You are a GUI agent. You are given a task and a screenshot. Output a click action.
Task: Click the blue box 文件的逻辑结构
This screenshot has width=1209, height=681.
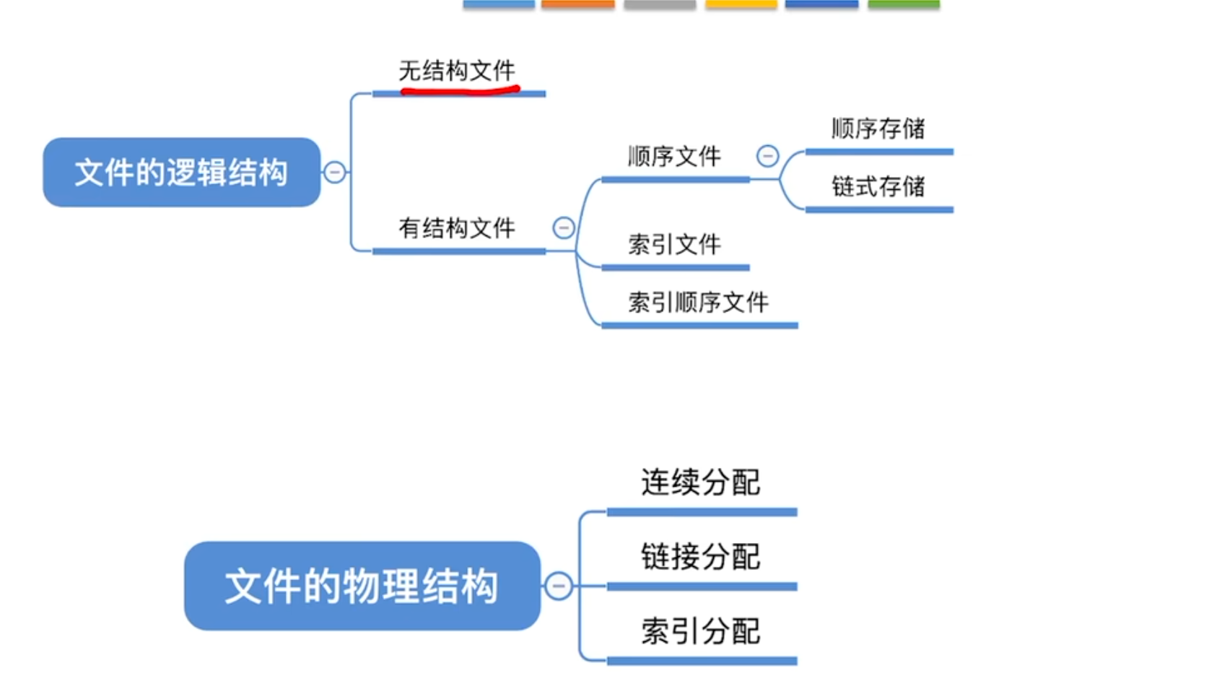[x=181, y=172]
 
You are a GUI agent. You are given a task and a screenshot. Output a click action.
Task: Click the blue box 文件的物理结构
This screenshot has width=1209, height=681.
[x=362, y=586]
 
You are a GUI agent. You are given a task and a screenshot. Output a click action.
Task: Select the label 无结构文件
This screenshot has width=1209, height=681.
[x=457, y=71]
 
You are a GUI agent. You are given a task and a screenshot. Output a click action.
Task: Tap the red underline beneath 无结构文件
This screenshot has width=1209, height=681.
[x=460, y=91]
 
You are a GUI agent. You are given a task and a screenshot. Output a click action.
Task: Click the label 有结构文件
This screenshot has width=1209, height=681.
[x=457, y=228]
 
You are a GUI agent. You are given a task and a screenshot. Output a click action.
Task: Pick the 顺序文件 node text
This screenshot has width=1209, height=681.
[x=674, y=156]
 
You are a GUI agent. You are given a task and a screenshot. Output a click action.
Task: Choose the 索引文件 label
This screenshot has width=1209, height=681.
[x=674, y=244]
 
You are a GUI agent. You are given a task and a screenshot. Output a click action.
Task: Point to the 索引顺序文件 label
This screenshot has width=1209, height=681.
[x=698, y=302]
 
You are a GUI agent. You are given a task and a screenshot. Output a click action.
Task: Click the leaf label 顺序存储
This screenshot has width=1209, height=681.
[x=878, y=129]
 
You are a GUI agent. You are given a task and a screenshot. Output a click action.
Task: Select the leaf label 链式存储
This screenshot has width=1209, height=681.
[x=878, y=186]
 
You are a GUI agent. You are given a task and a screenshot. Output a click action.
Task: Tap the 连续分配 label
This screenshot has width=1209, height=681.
[x=700, y=482]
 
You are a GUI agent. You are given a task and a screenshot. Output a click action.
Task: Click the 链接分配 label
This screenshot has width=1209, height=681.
[x=700, y=557]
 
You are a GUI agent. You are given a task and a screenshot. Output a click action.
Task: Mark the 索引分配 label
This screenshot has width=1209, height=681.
[x=700, y=631]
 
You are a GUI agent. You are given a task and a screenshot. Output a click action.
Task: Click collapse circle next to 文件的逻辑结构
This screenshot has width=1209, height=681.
[x=335, y=172]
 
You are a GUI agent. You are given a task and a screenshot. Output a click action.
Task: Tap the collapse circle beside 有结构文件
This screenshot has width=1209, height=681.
[x=564, y=228]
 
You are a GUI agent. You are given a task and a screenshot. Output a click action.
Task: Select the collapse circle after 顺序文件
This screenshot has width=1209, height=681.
[x=767, y=155]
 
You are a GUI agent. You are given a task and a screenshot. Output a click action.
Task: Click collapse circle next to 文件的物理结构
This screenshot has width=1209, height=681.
[x=558, y=586]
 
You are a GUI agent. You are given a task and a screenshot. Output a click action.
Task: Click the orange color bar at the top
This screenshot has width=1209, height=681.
[x=577, y=4]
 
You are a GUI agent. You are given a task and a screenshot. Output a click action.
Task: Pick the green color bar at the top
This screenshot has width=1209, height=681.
[x=904, y=4]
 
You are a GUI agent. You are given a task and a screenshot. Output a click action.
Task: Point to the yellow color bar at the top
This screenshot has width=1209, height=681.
[x=741, y=4]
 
